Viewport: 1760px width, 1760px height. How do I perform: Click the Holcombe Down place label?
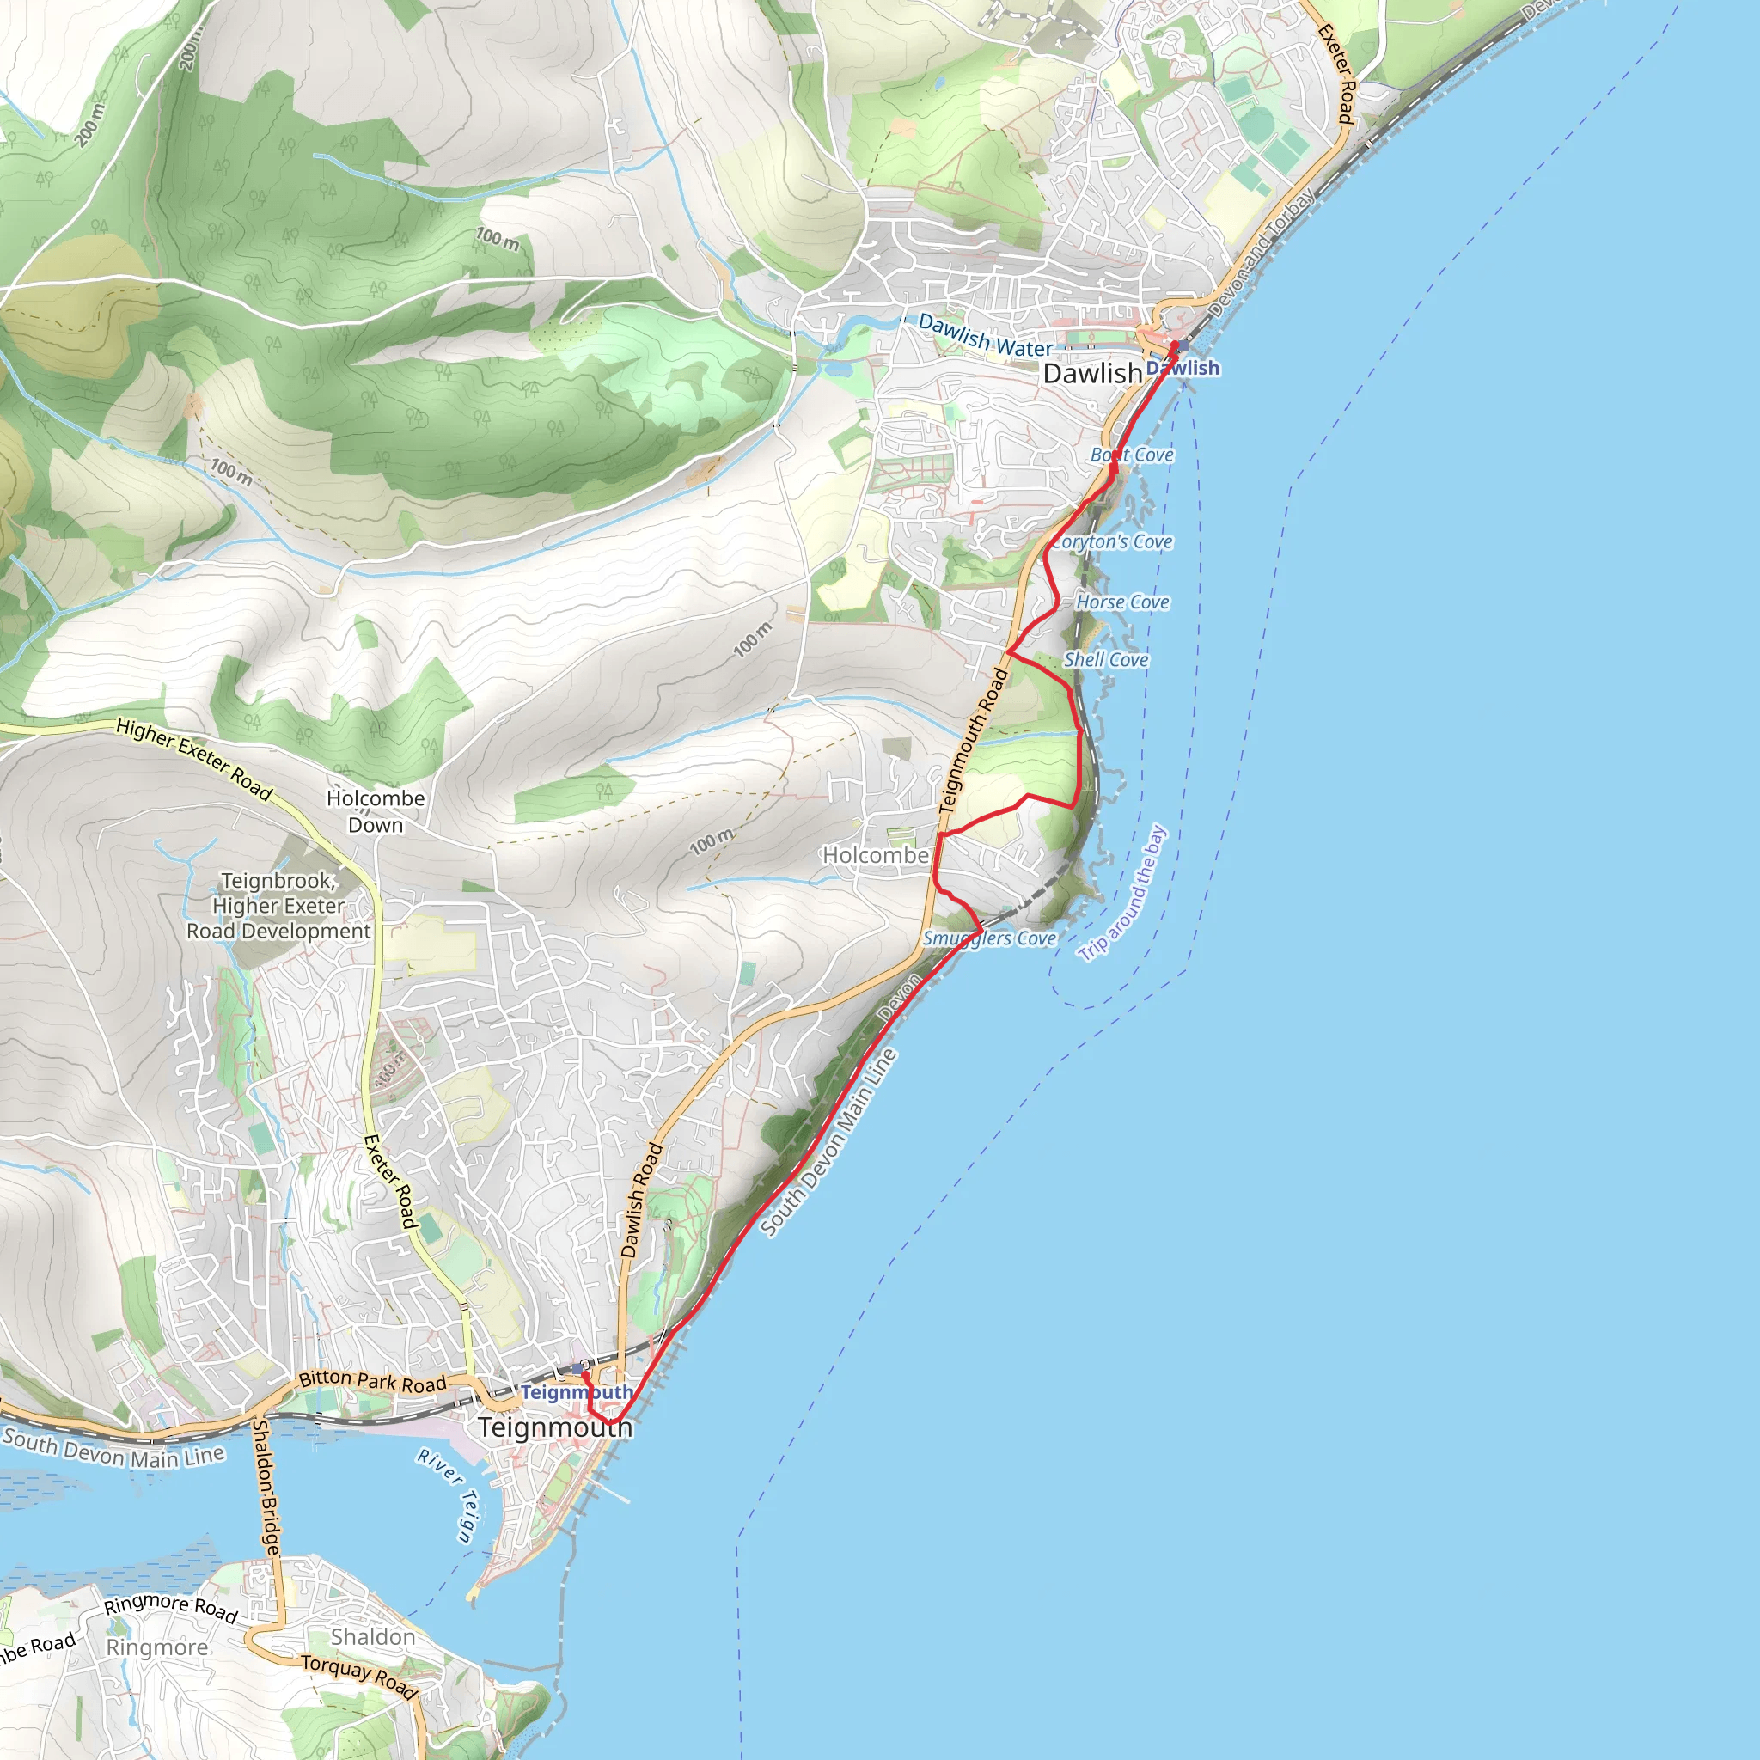376,810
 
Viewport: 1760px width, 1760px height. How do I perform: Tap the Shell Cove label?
1106,659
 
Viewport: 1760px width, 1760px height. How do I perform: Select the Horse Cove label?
1122,602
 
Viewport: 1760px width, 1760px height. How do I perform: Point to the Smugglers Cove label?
989,938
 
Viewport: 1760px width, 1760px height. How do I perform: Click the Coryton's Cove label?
1112,542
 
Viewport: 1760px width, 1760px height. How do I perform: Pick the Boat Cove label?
1133,455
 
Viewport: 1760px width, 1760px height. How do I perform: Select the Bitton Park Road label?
373,1381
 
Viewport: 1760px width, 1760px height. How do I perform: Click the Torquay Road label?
359,1676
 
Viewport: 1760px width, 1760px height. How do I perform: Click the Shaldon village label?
373,1637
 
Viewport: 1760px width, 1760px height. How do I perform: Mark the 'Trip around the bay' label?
1122,893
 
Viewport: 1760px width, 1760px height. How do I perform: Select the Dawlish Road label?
641,1200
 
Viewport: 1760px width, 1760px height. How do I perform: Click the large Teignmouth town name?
555,1427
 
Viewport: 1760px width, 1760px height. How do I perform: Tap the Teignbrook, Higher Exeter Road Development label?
278,906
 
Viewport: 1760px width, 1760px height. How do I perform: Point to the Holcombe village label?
876,855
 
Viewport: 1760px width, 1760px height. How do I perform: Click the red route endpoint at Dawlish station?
1174,345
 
